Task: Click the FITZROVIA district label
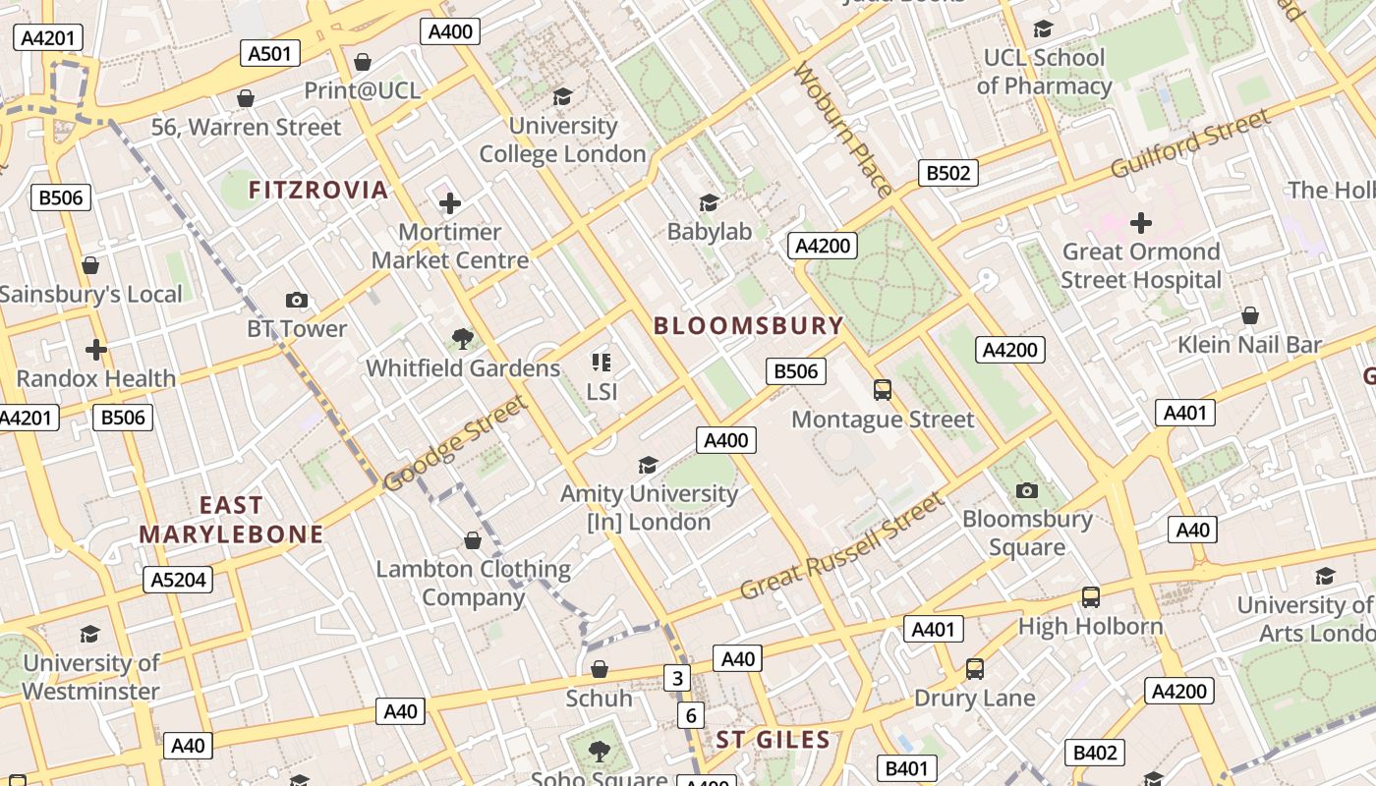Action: (318, 190)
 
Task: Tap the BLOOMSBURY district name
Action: (749, 325)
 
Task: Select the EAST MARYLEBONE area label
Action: (231, 520)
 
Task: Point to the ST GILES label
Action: (773, 740)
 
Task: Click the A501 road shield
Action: (270, 53)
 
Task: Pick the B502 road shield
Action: (948, 173)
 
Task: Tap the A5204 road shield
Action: (178, 580)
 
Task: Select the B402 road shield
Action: (1095, 753)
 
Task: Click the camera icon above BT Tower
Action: (296, 300)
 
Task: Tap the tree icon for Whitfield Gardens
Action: (462, 339)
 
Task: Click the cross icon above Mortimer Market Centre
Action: (449, 203)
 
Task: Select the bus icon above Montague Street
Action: (883, 390)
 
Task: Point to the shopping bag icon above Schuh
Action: (599, 669)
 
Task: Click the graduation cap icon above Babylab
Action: (709, 202)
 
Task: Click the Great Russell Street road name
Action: (841, 546)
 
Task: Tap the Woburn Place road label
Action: (843, 129)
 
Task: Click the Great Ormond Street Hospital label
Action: (1140, 265)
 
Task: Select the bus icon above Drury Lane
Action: (974, 669)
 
